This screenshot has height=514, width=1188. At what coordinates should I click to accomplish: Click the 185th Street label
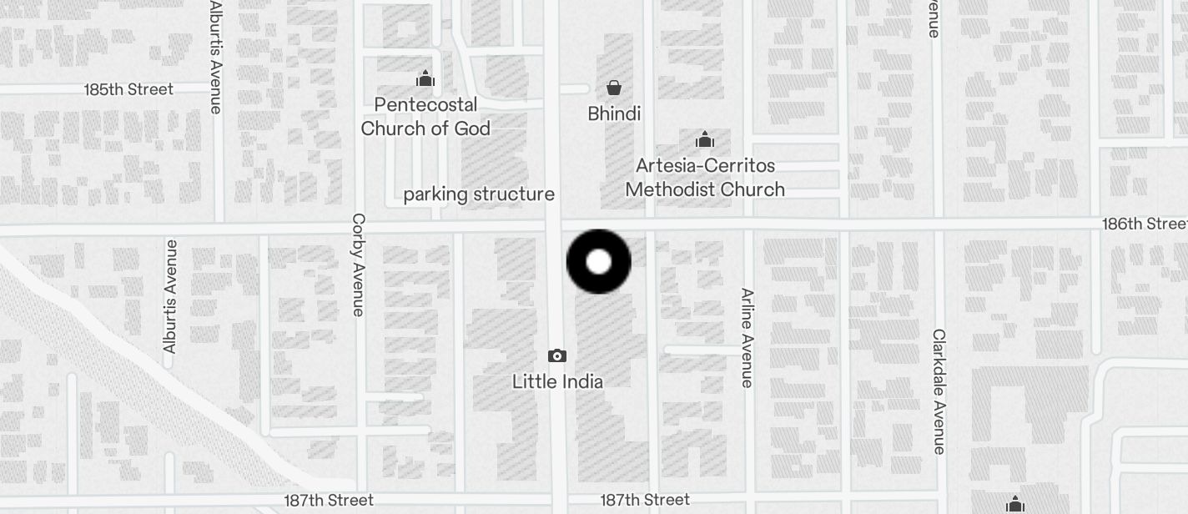(x=128, y=89)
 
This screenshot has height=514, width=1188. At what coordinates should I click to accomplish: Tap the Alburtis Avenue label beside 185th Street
(x=216, y=57)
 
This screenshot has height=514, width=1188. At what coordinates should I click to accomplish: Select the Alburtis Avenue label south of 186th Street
(x=170, y=296)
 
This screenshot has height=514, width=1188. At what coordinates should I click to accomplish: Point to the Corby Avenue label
(x=359, y=265)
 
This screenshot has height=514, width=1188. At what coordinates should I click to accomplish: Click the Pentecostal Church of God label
(x=425, y=116)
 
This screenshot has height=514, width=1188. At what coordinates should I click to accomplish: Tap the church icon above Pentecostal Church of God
(x=425, y=79)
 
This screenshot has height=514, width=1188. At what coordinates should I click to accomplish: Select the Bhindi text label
(x=614, y=113)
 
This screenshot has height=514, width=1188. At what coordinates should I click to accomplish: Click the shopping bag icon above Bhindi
(x=614, y=88)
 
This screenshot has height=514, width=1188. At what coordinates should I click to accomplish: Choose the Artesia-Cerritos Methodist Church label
(x=705, y=177)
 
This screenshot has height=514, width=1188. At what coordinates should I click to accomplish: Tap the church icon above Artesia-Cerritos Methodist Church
(x=705, y=139)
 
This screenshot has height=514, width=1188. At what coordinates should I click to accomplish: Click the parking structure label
(x=479, y=194)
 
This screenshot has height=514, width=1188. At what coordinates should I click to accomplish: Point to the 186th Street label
(x=1144, y=224)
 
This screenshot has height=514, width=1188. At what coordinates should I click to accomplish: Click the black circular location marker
(x=599, y=262)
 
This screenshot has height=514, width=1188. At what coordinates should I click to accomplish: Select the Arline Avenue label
(x=748, y=338)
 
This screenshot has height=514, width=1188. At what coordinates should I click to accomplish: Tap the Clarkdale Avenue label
(x=939, y=391)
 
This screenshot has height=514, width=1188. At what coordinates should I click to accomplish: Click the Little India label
(x=557, y=381)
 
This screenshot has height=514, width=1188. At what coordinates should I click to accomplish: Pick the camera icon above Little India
(x=557, y=356)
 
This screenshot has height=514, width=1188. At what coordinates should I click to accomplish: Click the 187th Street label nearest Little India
(x=645, y=500)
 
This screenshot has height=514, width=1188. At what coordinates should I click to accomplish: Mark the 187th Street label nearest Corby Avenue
(x=329, y=501)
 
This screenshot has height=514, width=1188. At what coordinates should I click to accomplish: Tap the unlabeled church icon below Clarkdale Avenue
(x=1015, y=504)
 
